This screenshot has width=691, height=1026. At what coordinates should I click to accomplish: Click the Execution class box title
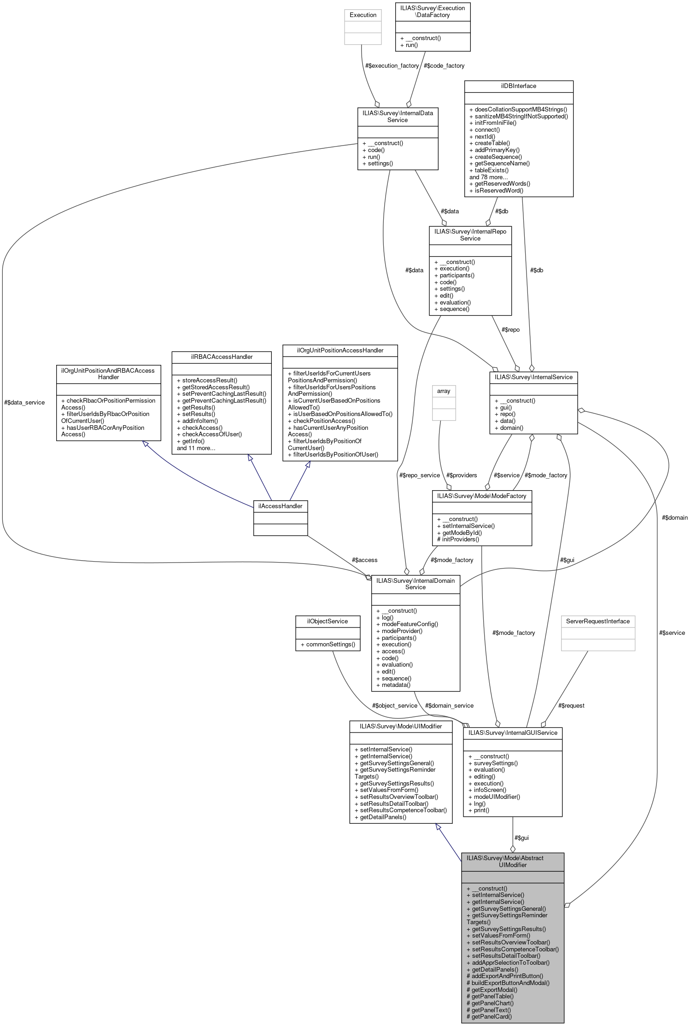click(363, 15)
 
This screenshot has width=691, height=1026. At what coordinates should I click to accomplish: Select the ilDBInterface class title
click(518, 86)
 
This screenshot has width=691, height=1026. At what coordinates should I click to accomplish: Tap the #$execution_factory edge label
click(392, 66)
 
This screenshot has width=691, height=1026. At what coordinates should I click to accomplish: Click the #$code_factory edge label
click(444, 66)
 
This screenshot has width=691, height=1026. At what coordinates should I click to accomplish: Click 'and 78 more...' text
click(488, 177)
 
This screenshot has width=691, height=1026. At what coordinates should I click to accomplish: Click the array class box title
click(443, 391)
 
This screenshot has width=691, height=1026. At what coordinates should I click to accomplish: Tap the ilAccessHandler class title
click(280, 506)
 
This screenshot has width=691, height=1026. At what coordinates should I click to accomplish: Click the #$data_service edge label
click(24, 403)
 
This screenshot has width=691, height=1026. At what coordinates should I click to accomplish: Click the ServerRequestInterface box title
click(598, 621)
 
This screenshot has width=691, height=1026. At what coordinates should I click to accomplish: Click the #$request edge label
click(571, 706)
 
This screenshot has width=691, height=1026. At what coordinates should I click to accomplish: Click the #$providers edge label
click(462, 475)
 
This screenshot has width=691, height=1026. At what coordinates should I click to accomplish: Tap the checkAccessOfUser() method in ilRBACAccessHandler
click(209, 434)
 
